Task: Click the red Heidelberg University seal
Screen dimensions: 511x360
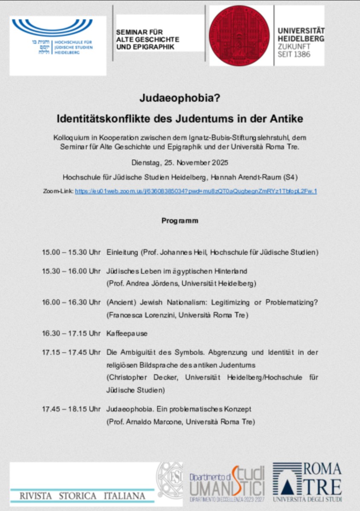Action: (240, 36)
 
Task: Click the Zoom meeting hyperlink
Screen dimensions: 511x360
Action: (196, 191)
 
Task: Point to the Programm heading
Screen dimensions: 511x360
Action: (180, 221)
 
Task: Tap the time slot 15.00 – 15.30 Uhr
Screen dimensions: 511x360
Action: (71, 253)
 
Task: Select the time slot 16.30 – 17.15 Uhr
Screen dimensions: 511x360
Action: (71, 333)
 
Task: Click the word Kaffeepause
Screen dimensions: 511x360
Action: (127, 333)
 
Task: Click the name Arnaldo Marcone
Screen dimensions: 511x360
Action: (148, 422)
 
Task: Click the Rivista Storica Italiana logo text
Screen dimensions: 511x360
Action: (82, 496)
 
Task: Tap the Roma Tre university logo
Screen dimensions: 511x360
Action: (307, 482)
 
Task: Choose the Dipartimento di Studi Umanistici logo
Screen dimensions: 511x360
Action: (227, 484)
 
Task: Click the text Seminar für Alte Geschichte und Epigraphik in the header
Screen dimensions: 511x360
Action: (148, 40)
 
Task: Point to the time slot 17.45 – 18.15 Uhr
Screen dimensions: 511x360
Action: (71, 409)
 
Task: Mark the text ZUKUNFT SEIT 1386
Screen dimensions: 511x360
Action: (294, 51)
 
